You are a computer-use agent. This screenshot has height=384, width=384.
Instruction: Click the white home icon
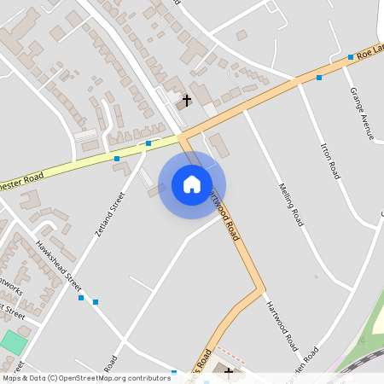point(192,183)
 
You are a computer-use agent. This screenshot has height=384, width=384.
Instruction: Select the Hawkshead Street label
point(59,264)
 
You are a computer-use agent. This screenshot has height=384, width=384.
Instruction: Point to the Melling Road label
point(291,205)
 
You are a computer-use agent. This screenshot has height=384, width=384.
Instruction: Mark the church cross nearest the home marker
point(186,102)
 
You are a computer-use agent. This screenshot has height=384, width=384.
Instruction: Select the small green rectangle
point(13,343)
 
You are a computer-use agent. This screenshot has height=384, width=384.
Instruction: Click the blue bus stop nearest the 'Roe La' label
point(350,57)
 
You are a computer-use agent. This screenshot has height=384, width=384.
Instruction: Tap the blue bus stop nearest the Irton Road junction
point(319,78)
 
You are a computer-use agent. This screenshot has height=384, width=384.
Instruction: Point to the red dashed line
point(230,353)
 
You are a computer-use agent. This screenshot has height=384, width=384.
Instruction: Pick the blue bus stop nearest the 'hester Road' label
point(117,159)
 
